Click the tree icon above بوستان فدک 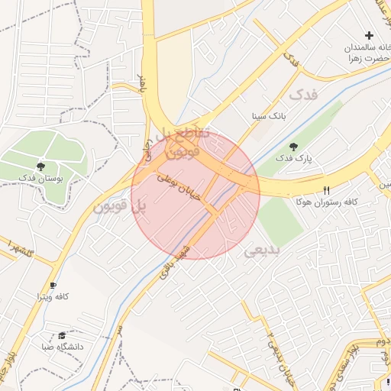pos(40,166)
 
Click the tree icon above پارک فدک pos(294,147)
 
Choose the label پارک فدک pos(295,159)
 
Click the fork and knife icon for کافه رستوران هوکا pos(327,190)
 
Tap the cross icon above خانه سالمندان pos(370,35)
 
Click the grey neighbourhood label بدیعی pos(262,250)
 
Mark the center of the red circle pos(195,195)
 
